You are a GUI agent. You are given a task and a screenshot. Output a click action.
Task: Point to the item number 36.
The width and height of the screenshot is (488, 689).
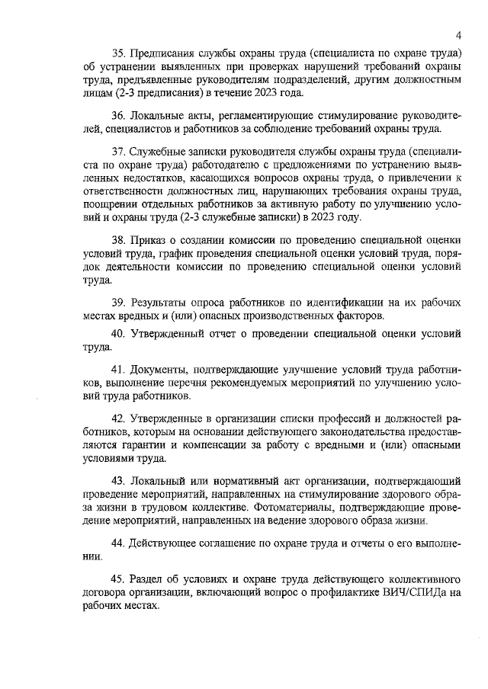[119, 116]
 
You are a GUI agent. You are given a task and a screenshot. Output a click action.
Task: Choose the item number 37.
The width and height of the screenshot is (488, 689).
[119, 152]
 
